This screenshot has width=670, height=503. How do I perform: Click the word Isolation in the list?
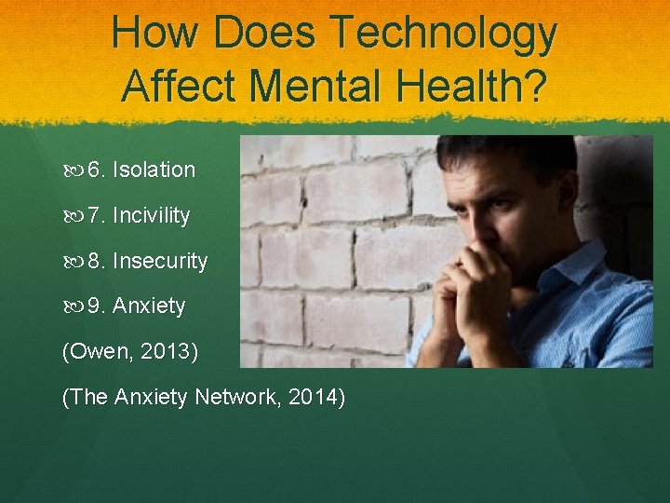pyautogui.click(x=154, y=170)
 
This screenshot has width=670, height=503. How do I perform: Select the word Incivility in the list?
pyautogui.click(x=151, y=216)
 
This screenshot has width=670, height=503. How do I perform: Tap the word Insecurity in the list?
pyautogui.click(x=159, y=261)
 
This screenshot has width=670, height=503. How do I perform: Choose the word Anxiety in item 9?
pyautogui.click(x=149, y=306)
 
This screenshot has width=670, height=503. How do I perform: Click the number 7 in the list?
pyautogui.click(x=93, y=216)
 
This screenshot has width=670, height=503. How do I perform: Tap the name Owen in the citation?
pyautogui.click(x=94, y=352)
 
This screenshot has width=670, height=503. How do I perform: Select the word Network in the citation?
pyautogui.click(x=236, y=398)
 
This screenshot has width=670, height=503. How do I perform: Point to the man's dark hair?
pyautogui.click(x=502, y=154)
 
